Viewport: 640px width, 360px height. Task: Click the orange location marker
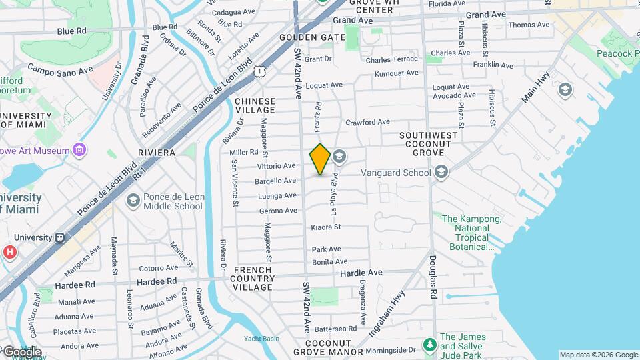coord(320,159)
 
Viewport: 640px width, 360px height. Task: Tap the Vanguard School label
coord(396,173)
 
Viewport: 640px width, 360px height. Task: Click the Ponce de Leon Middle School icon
coord(133,200)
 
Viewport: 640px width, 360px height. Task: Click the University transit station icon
coord(61,237)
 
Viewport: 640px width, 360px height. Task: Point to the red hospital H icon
coord(9,253)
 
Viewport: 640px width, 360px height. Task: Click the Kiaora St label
coord(326,227)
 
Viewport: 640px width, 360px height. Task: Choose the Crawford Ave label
coord(367,122)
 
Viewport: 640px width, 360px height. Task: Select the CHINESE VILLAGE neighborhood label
coord(255,105)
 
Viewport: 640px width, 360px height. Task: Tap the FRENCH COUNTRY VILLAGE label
coord(253,278)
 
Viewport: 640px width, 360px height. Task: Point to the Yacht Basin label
coord(261,338)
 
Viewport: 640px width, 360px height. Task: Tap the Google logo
coord(21,351)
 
